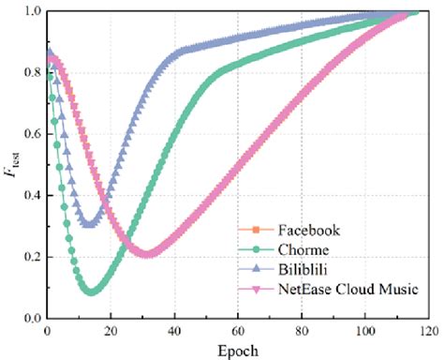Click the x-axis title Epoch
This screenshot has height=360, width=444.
tap(238, 349)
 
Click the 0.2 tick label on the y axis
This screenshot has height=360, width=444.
tap(31, 257)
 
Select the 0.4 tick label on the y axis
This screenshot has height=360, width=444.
tap(31, 195)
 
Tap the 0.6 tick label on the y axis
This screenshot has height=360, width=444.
tap(31, 134)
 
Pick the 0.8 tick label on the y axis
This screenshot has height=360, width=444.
tap(31, 72)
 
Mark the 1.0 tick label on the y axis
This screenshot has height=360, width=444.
tap(31, 11)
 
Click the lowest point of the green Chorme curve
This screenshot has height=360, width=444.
tap(91, 292)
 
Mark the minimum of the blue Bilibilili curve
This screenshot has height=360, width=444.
tap(89, 224)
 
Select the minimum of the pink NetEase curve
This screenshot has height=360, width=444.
tap(147, 254)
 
